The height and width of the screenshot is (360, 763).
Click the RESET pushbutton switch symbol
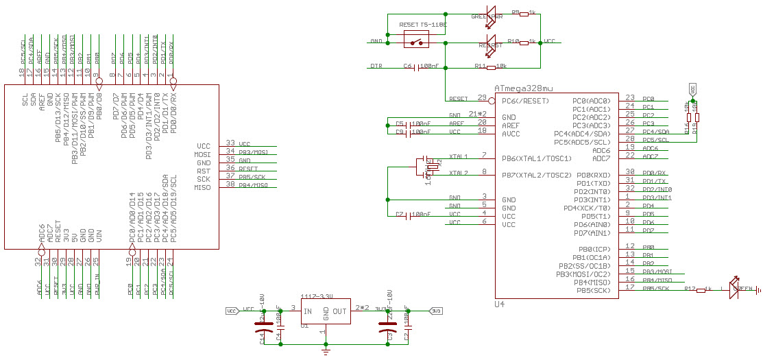416,41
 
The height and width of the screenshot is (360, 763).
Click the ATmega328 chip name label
523,88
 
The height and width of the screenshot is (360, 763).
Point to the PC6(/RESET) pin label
525,100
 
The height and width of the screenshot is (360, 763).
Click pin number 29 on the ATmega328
482,97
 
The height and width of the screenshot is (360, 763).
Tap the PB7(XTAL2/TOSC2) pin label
537,175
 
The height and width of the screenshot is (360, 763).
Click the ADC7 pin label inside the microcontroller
601,158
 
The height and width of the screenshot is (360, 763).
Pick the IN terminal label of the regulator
308,311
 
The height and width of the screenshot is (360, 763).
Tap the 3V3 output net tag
436,311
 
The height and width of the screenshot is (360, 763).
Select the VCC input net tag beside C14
232,311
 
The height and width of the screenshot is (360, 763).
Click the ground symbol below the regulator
326,350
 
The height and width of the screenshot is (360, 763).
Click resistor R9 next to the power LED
526,13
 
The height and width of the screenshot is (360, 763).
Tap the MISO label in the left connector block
202,187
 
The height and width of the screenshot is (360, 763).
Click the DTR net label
376,67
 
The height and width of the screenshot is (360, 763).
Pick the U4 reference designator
500,304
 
